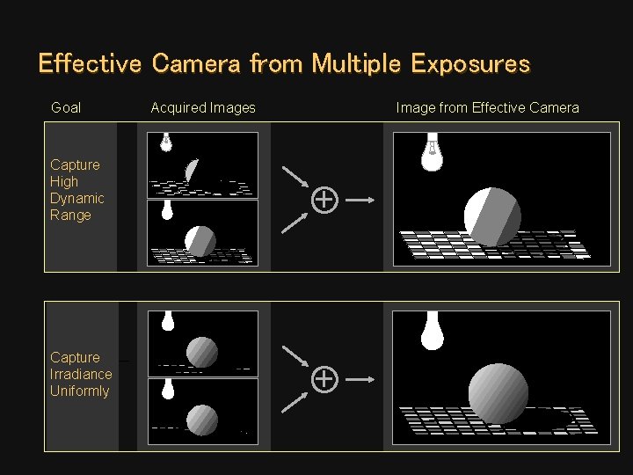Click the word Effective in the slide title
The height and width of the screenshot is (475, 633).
tap(90, 64)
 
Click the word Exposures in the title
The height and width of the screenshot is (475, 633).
tap(470, 64)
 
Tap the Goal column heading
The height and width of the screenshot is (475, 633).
tap(66, 107)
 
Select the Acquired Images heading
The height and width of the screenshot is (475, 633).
tap(203, 107)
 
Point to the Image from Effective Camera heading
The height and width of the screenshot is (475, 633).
tap(487, 107)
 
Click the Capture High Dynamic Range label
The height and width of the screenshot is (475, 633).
tap(76, 189)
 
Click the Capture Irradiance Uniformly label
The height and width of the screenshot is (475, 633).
tap(80, 374)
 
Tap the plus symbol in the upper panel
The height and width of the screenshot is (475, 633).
tap(324, 200)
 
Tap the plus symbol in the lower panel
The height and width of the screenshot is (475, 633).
tap(324, 379)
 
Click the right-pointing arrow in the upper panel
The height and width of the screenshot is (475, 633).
tap(361, 200)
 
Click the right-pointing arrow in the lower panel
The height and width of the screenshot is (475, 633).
tap(361, 379)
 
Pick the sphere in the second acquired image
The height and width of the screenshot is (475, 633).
tap(200, 240)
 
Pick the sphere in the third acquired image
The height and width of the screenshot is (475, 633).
tap(202, 352)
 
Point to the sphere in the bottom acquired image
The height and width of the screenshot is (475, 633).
tap(202, 419)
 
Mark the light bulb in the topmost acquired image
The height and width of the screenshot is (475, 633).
tap(165, 142)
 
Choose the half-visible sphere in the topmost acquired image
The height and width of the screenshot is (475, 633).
tap(194, 171)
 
